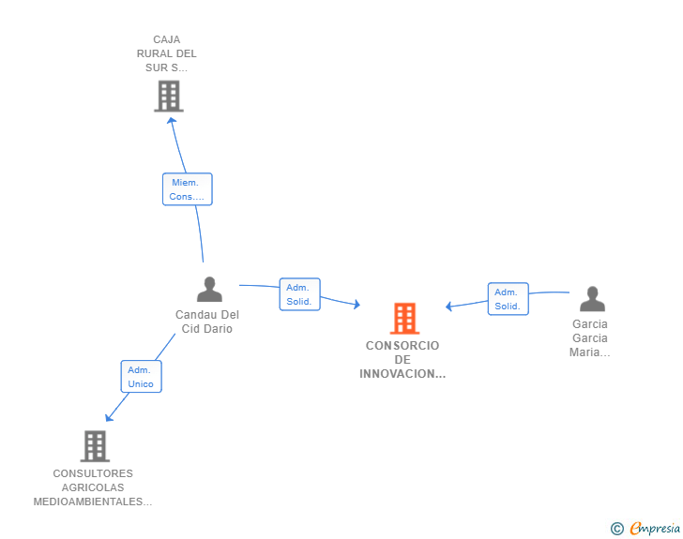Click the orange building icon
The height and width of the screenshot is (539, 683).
(404, 319)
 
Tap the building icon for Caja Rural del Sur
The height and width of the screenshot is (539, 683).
(169, 97)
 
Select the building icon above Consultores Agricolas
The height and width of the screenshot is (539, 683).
(95, 446)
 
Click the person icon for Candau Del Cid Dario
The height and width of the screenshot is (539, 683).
(209, 289)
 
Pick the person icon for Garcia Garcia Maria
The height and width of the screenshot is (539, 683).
(592, 299)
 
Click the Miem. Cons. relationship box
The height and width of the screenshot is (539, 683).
(188, 189)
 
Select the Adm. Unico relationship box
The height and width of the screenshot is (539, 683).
(141, 377)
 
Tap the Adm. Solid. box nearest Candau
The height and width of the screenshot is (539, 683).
(299, 294)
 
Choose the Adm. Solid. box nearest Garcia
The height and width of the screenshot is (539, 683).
(508, 299)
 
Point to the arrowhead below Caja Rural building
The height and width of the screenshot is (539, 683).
(171, 121)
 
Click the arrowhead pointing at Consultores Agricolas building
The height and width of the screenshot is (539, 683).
(109, 417)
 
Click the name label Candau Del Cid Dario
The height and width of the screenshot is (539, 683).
(207, 322)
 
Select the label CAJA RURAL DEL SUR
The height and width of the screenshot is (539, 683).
(166, 53)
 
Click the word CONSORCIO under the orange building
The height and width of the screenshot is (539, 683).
(402, 346)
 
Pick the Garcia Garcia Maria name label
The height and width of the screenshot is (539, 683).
(590, 337)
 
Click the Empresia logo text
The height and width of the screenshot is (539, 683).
(655, 529)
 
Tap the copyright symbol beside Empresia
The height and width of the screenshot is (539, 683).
(617, 529)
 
